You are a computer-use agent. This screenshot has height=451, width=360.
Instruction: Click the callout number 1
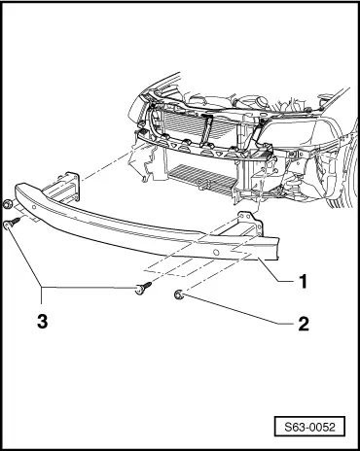[304, 283]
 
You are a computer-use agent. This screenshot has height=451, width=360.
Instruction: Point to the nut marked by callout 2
[179, 294]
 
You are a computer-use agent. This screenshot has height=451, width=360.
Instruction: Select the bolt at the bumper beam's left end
[10, 224]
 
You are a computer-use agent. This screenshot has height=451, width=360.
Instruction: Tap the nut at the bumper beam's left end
[9, 204]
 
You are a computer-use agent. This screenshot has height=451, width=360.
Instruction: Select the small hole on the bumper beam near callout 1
[215, 251]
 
